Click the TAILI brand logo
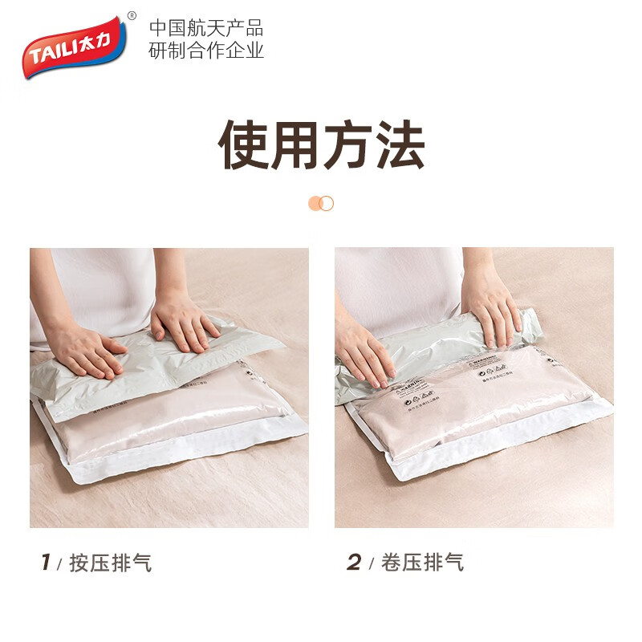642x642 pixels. (72, 49)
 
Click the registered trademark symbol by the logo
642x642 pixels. (132, 16)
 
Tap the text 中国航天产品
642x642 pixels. (206, 29)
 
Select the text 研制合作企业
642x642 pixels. (206, 51)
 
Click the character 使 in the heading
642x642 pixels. (246, 145)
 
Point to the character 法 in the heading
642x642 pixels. (398, 145)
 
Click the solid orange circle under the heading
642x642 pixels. (315, 203)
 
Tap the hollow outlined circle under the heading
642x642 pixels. (326, 203)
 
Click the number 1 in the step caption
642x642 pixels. (46, 563)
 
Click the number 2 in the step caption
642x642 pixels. (354, 563)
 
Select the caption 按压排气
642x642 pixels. (110, 563)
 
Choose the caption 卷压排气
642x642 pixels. (423, 563)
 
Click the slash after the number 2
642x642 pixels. (371, 563)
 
